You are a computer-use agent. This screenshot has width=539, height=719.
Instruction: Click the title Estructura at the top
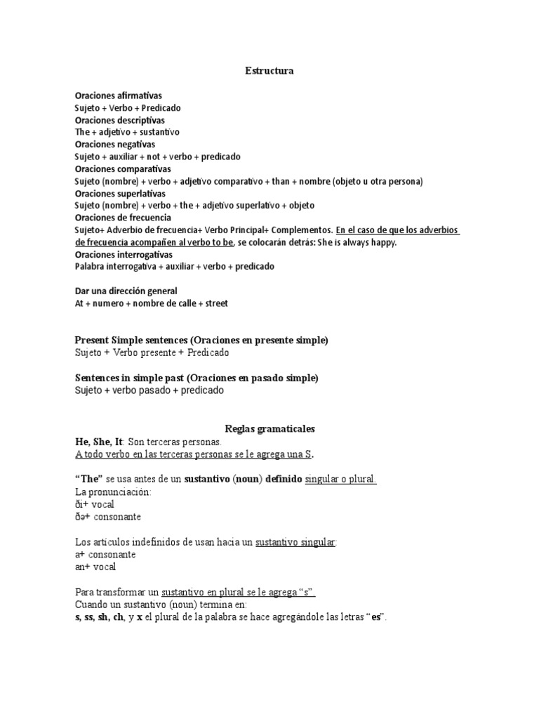coord(269,71)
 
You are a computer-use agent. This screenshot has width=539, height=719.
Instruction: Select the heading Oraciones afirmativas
coord(118,95)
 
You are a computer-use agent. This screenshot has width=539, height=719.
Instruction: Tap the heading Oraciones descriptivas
coord(119,120)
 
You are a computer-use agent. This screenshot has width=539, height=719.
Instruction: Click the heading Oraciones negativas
coord(115,145)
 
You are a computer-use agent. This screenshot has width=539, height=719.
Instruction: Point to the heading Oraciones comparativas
coord(122,169)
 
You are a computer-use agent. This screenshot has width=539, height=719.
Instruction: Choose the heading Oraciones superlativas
coord(120,193)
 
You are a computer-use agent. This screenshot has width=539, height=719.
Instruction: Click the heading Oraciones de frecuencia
coord(123,218)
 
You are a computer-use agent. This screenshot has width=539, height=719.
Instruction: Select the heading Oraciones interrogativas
coord(124,254)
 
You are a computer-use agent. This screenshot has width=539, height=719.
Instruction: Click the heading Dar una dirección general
coord(126,291)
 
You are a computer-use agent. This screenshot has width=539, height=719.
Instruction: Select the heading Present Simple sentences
coord(131,341)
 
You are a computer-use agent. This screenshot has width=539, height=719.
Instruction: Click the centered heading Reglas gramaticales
coord(269,428)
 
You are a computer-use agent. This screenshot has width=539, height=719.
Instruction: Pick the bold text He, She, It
coord(99,442)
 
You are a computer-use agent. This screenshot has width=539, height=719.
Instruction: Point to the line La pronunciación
coord(112,492)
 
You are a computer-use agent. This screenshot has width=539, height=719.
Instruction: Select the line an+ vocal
coord(95,567)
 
